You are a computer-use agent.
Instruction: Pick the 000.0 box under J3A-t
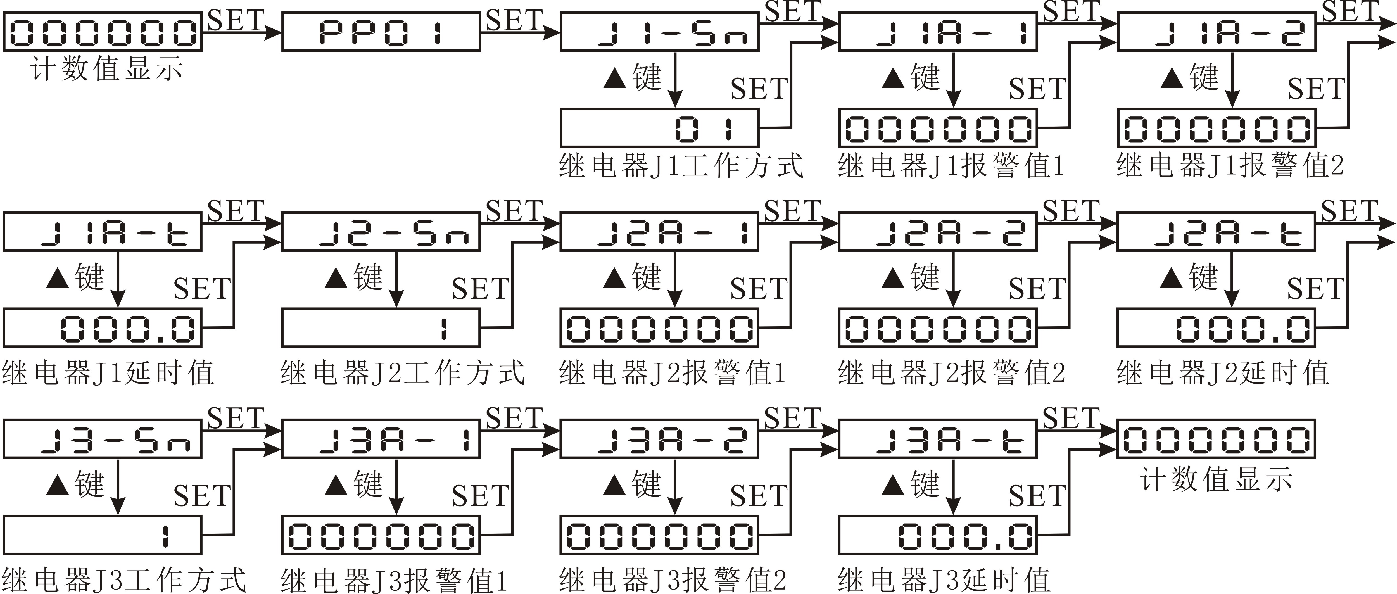tap(938, 535)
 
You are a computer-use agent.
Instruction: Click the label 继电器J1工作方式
tap(681, 165)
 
